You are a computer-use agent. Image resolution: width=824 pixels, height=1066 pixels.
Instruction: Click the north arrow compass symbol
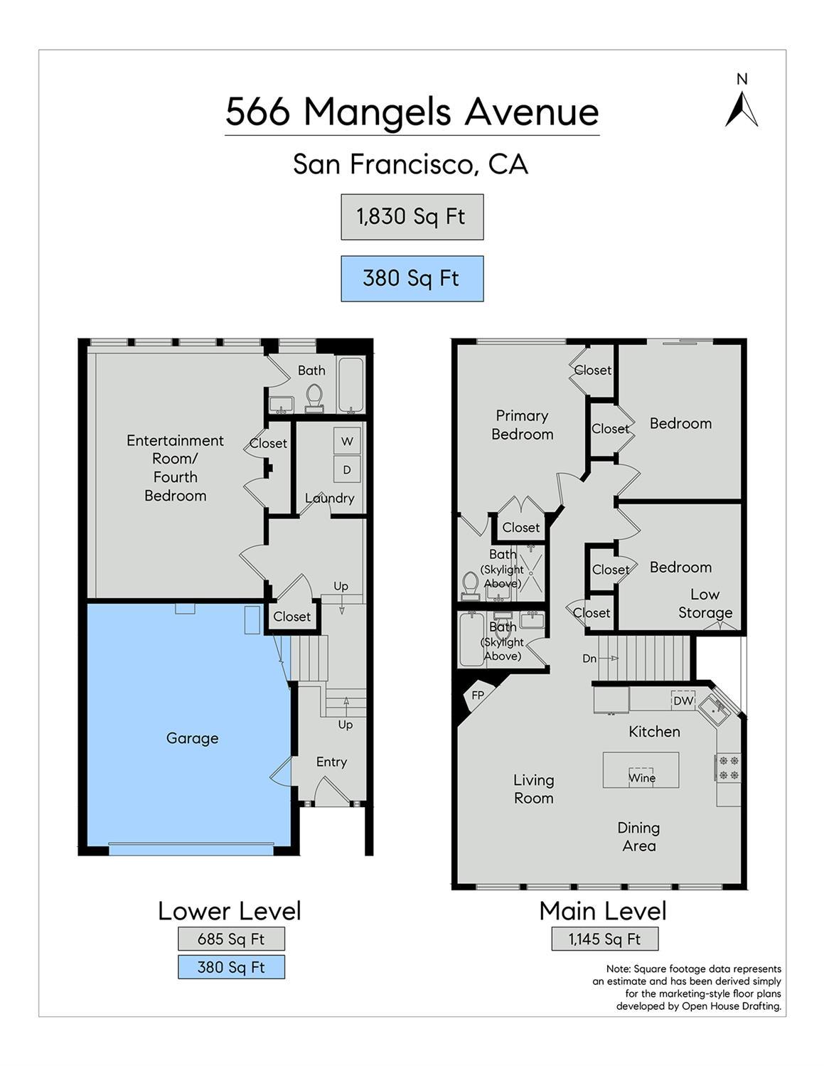pyautogui.click(x=742, y=110)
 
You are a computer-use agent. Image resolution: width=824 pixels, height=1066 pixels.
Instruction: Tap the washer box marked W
pyautogui.click(x=347, y=441)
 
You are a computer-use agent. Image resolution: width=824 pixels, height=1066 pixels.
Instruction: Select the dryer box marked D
pyautogui.click(x=347, y=469)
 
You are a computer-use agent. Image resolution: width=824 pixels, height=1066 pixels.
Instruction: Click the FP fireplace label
pyautogui.click(x=478, y=695)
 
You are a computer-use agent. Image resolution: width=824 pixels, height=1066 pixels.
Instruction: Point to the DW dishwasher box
pyautogui.click(x=683, y=700)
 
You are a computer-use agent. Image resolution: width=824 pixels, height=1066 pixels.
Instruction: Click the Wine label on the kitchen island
pyautogui.click(x=642, y=777)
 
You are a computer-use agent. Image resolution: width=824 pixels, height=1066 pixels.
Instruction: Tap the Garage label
pyautogui.click(x=192, y=738)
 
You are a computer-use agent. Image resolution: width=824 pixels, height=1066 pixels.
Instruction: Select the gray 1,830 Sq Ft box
pyautogui.click(x=412, y=216)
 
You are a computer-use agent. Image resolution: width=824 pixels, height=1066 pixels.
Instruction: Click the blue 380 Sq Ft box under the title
pyautogui.click(x=412, y=278)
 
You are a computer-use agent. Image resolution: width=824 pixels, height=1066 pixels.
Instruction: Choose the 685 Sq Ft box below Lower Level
pyautogui.click(x=231, y=939)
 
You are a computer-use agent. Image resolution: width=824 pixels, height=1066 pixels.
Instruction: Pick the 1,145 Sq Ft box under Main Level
pyautogui.click(x=604, y=939)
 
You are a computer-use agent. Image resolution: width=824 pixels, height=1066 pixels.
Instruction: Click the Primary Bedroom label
pyautogui.click(x=522, y=425)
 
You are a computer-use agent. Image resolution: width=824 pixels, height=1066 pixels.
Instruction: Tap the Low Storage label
pyautogui.click(x=705, y=603)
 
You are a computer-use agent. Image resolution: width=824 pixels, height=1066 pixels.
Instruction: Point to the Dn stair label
pyautogui.click(x=589, y=659)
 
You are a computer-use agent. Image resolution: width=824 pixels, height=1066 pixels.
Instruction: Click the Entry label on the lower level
pyautogui.click(x=331, y=762)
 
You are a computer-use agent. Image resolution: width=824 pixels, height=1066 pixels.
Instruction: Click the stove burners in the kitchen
pyautogui.click(x=729, y=767)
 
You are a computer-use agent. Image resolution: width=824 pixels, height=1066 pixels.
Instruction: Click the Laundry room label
pyautogui.click(x=329, y=498)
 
